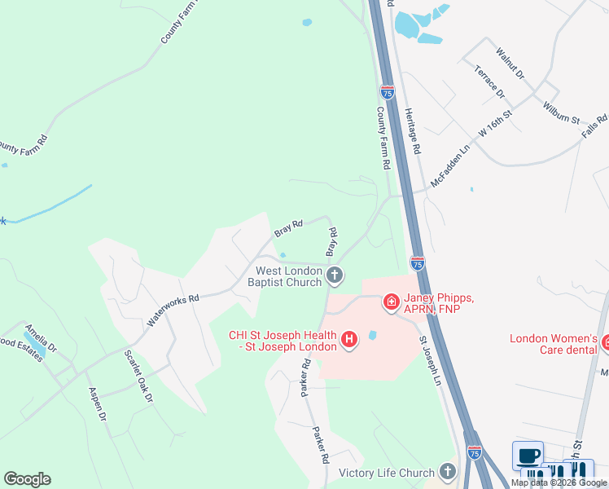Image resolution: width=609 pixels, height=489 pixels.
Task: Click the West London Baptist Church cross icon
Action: tap(334, 276)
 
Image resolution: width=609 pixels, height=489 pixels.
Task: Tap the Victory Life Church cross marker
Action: tap(447, 472)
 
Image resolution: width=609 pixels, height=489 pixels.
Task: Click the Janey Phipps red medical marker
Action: tap(391, 303)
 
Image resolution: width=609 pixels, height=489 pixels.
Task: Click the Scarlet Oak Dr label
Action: tap(138, 377)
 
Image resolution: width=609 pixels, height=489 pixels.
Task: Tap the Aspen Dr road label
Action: tap(97, 403)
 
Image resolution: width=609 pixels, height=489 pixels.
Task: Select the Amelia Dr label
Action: tap(40, 336)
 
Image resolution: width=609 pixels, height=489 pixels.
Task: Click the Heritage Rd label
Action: tap(413, 133)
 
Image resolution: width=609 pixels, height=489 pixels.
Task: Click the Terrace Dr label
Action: tap(490, 81)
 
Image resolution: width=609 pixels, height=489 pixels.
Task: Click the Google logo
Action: tap(27, 479)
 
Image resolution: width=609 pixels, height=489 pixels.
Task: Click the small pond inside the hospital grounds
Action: tap(373, 336)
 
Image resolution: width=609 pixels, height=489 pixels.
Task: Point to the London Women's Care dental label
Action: tap(554, 345)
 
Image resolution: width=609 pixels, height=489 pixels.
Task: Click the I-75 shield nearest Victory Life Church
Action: tap(475, 451)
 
